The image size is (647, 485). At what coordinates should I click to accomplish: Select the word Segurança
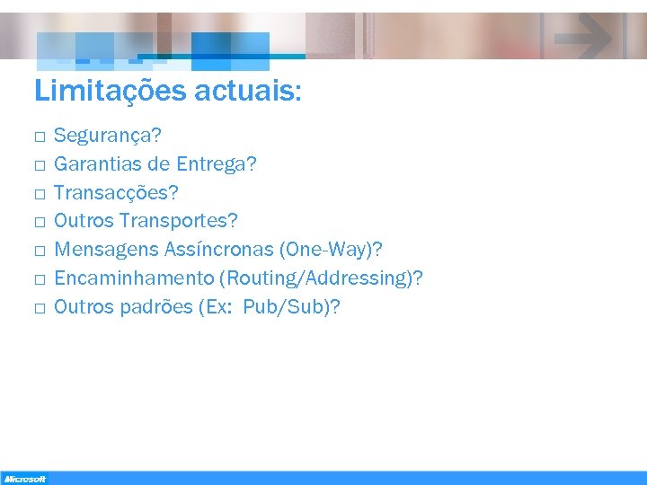[107, 137]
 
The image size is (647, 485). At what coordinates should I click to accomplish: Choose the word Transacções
[116, 192]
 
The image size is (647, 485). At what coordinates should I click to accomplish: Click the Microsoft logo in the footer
[24, 479]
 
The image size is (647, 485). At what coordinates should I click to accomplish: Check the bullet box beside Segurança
[40, 137]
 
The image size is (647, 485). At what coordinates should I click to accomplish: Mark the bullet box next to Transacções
[40, 194]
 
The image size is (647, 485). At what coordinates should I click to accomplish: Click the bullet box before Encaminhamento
[40, 279]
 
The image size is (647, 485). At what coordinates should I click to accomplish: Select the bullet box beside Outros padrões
[40, 308]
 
